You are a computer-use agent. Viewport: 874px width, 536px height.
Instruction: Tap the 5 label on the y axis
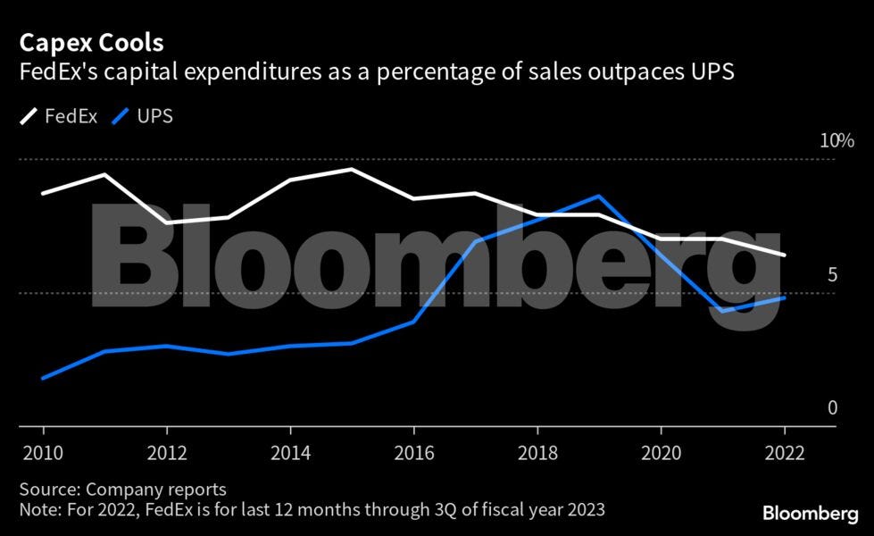click(833, 274)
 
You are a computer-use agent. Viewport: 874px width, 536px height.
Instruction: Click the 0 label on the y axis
click(833, 408)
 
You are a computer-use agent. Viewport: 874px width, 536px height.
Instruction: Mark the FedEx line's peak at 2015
click(352, 169)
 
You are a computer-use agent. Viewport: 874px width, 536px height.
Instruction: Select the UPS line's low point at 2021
click(721, 311)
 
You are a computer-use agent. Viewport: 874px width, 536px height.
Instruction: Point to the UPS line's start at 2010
click(43, 378)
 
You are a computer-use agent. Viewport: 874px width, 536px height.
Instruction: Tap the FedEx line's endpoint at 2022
click(784, 255)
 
